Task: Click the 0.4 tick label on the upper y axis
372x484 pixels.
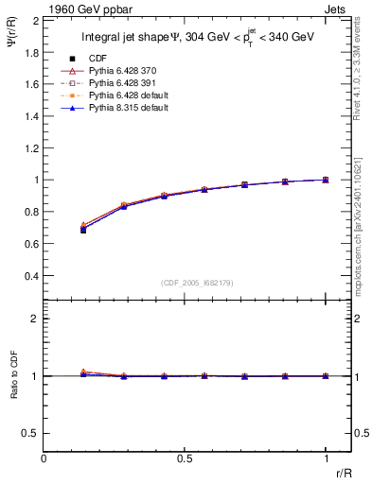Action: [x=30, y=276]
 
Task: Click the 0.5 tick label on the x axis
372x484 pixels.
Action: [x=185, y=458]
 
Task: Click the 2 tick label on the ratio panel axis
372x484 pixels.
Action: [x=35, y=319]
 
